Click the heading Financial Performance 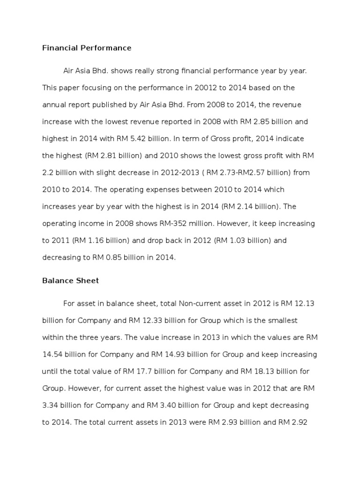tap(87, 48)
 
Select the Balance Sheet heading tap(70, 281)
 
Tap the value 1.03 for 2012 tap(232, 240)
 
